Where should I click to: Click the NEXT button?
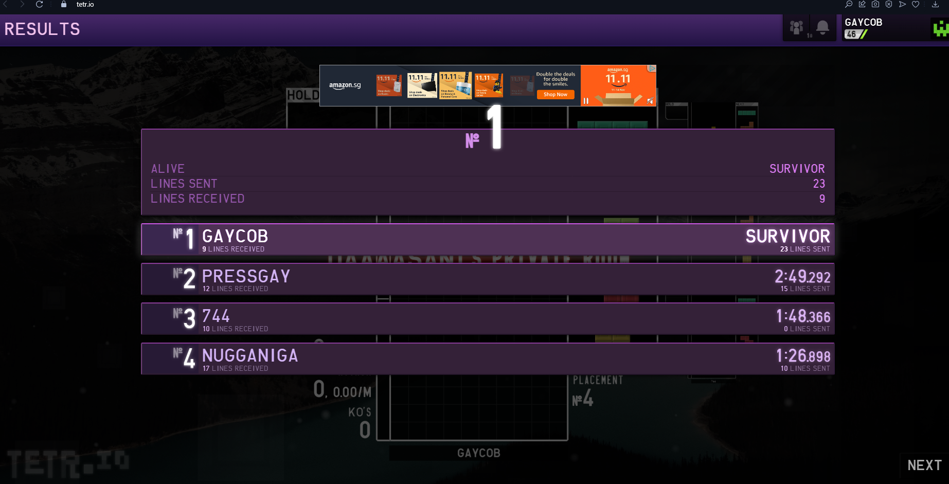[924, 465]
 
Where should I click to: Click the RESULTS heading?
[42, 29]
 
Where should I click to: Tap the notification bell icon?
[822, 27]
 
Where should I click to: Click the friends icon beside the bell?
[797, 27]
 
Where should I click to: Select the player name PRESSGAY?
[246, 277]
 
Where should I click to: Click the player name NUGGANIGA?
[250, 356]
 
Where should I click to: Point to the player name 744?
[216, 316]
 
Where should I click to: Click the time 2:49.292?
[802, 277]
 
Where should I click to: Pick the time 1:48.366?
[803, 316]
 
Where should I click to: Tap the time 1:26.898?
[803, 356]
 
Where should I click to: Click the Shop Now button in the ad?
[556, 95]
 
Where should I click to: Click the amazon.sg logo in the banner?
[345, 85]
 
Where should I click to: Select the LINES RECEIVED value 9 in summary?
[822, 199]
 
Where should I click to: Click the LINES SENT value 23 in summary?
[819, 184]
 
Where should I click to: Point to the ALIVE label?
[168, 169]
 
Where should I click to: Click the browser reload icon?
[39, 4]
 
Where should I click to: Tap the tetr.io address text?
[85, 4]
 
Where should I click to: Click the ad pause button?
[586, 101]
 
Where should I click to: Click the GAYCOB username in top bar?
[863, 22]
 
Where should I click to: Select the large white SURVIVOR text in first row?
[787, 236]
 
